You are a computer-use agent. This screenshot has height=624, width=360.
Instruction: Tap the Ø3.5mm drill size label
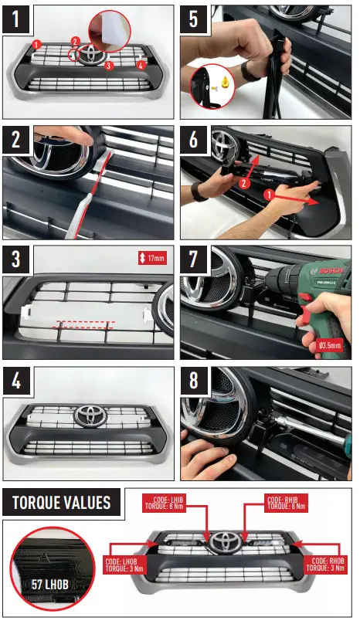[x=331, y=345]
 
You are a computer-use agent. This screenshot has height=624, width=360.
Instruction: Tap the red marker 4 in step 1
[x=141, y=66]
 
